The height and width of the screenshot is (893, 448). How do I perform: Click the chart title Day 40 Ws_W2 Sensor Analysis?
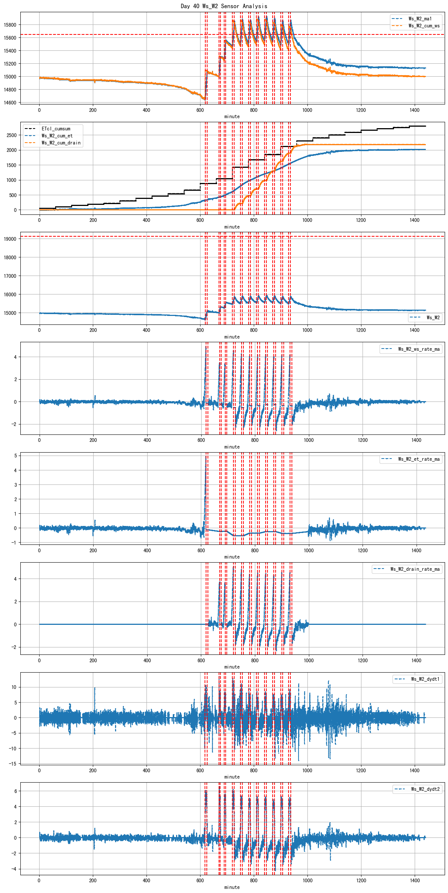click(x=224, y=6)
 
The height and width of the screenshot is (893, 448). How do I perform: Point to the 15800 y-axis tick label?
click(x=10, y=25)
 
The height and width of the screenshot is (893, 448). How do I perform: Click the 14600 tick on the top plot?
click(x=10, y=103)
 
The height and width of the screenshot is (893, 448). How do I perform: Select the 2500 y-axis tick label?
click(x=11, y=135)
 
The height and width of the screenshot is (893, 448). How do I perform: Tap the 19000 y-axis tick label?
click(x=10, y=239)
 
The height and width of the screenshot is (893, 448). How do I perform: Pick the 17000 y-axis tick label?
click(x=10, y=276)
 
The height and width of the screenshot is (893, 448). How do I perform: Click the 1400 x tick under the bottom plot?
click(x=415, y=880)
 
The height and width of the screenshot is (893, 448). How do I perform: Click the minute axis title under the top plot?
click(x=232, y=117)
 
